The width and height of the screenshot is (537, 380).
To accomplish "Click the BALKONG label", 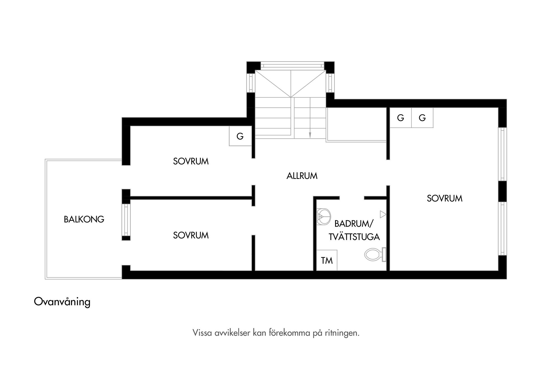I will (x=84, y=219).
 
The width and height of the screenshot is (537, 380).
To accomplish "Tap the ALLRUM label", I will (x=302, y=176).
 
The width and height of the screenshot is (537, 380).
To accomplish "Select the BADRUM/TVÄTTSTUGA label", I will (x=354, y=230).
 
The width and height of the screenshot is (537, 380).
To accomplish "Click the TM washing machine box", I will (x=327, y=260).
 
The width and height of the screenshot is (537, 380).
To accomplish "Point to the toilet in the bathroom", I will (x=375, y=255).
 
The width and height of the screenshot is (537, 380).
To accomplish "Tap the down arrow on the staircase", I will (x=310, y=135).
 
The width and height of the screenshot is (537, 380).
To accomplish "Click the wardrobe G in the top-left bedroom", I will (x=240, y=136).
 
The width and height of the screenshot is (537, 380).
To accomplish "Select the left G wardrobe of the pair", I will (x=401, y=118).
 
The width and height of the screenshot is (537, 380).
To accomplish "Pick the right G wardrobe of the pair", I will (x=422, y=118).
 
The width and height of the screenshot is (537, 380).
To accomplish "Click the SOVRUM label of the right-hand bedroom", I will (x=444, y=199).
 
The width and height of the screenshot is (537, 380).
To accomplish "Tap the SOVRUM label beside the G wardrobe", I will (x=191, y=161).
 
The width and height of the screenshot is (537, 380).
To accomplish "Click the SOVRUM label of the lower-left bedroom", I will (x=191, y=235).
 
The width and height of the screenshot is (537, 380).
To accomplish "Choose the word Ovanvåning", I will (x=62, y=302).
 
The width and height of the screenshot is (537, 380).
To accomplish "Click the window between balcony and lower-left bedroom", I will (x=126, y=220).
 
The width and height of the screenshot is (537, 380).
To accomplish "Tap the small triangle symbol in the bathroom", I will (x=383, y=215).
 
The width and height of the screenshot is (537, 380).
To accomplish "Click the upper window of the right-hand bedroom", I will (x=503, y=154).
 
